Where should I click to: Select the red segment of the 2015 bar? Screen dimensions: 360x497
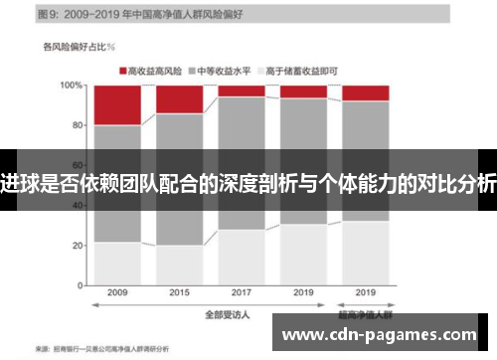pyautogui.click(x=179, y=99)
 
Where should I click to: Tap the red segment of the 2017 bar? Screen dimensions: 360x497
pyautogui.click(x=242, y=90)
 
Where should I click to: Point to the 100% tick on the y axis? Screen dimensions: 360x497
pyautogui.click(x=73, y=86)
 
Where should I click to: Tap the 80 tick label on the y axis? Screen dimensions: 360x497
pyautogui.click(x=77, y=125)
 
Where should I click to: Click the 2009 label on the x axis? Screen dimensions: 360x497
pyautogui.click(x=116, y=293)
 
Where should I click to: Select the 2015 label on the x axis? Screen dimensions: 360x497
pyautogui.click(x=179, y=293)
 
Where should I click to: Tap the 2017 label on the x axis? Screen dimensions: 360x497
pyautogui.click(x=242, y=293)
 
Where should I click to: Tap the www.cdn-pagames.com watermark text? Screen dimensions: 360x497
pyautogui.click(x=389, y=334)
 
